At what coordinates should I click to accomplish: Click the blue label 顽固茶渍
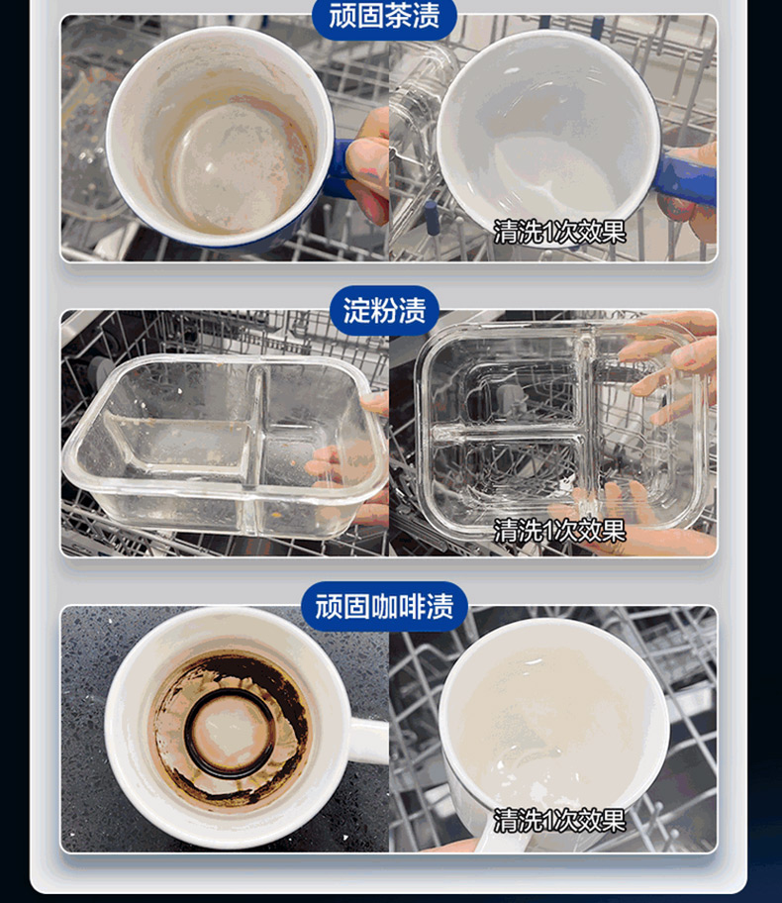pyautogui.click(x=384, y=16)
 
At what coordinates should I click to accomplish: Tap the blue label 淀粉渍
pyautogui.click(x=384, y=311)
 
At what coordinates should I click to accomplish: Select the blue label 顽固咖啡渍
pyautogui.click(x=384, y=606)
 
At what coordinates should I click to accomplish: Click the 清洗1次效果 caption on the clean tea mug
pyautogui.click(x=559, y=232)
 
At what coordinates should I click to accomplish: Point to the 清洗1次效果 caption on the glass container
pyautogui.click(x=559, y=531)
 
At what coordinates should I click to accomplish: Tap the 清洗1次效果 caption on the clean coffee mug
pyautogui.click(x=559, y=820)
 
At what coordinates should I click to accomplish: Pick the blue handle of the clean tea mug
pyautogui.click(x=687, y=175)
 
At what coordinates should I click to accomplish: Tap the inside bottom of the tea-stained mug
pyautogui.click(x=231, y=167)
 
